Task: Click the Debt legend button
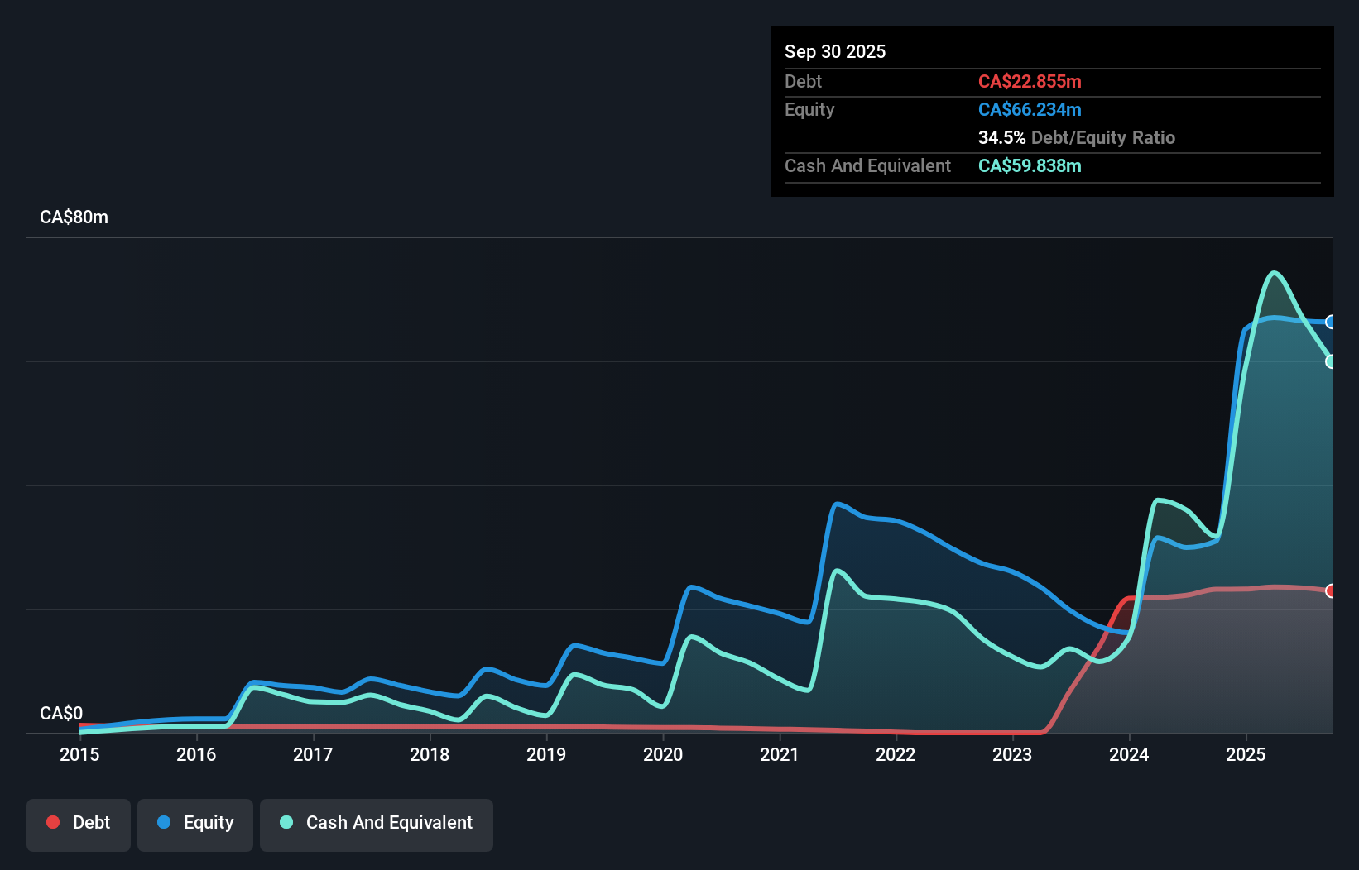point(79,824)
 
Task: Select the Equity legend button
point(195,824)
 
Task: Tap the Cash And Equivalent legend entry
point(377,824)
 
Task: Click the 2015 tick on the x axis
point(79,754)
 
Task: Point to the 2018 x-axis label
point(430,754)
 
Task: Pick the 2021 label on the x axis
point(780,754)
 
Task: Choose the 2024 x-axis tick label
point(1129,754)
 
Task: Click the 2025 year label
point(1246,754)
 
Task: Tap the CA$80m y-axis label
point(74,217)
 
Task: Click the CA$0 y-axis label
point(61,713)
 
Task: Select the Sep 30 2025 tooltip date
point(835,52)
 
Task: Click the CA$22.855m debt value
point(1030,82)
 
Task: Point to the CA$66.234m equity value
point(1030,110)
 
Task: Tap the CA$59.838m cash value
point(1030,166)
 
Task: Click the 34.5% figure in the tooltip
point(1001,138)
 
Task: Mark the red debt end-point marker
point(1330,590)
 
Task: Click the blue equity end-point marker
point(1330,322)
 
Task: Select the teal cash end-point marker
point(1330,361)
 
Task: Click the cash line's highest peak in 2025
point(1275,272)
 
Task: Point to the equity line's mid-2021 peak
point(838,503)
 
